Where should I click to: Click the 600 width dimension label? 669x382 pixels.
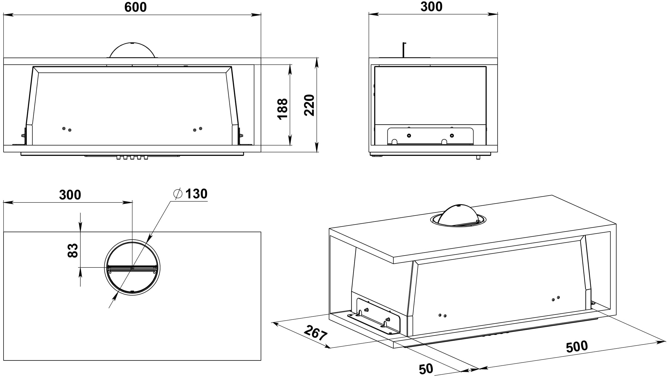click(x=135, y=7)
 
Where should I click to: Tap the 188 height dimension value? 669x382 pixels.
click(x=282, y=109)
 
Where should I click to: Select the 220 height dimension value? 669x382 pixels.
click(x=309, y=105)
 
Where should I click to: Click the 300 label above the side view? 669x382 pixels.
click(x=431, y=7)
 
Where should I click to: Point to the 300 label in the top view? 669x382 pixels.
click(x=70, y=195)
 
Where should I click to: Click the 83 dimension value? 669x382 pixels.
click(x=73, y=251)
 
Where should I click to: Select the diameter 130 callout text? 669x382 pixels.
click(x=196, y=194)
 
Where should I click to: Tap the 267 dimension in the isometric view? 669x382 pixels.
click(x=315, y=333)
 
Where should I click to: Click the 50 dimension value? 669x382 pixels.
click(x=426, y=369)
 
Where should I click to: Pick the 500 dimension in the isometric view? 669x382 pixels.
click(x=577, y=347)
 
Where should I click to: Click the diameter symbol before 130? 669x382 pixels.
click(x=178, y=194)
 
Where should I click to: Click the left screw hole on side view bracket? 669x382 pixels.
click(x=409, y=135)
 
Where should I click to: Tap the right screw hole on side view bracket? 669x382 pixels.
click(x=452, y=135)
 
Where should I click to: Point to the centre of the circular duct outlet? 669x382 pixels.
click(x=132, y=268)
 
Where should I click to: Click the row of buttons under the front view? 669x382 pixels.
click(x=132, y=158)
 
